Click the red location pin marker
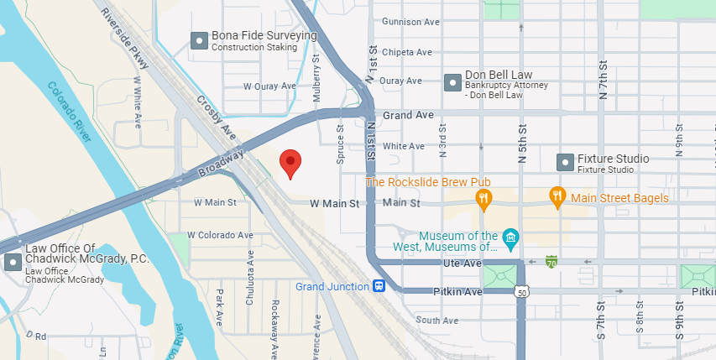point(290,162)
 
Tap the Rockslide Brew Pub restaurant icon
point(483,198)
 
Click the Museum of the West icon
point(510,241)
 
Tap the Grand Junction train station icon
point(379,287)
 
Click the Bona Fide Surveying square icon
point(199,39)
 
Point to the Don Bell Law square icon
point(452,81)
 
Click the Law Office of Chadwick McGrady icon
point(13,262)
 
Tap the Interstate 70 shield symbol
point(551,262)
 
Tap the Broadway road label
point(221,164)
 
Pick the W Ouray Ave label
point(269,86)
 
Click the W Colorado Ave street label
point(220,235)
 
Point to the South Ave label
point(436,321)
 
